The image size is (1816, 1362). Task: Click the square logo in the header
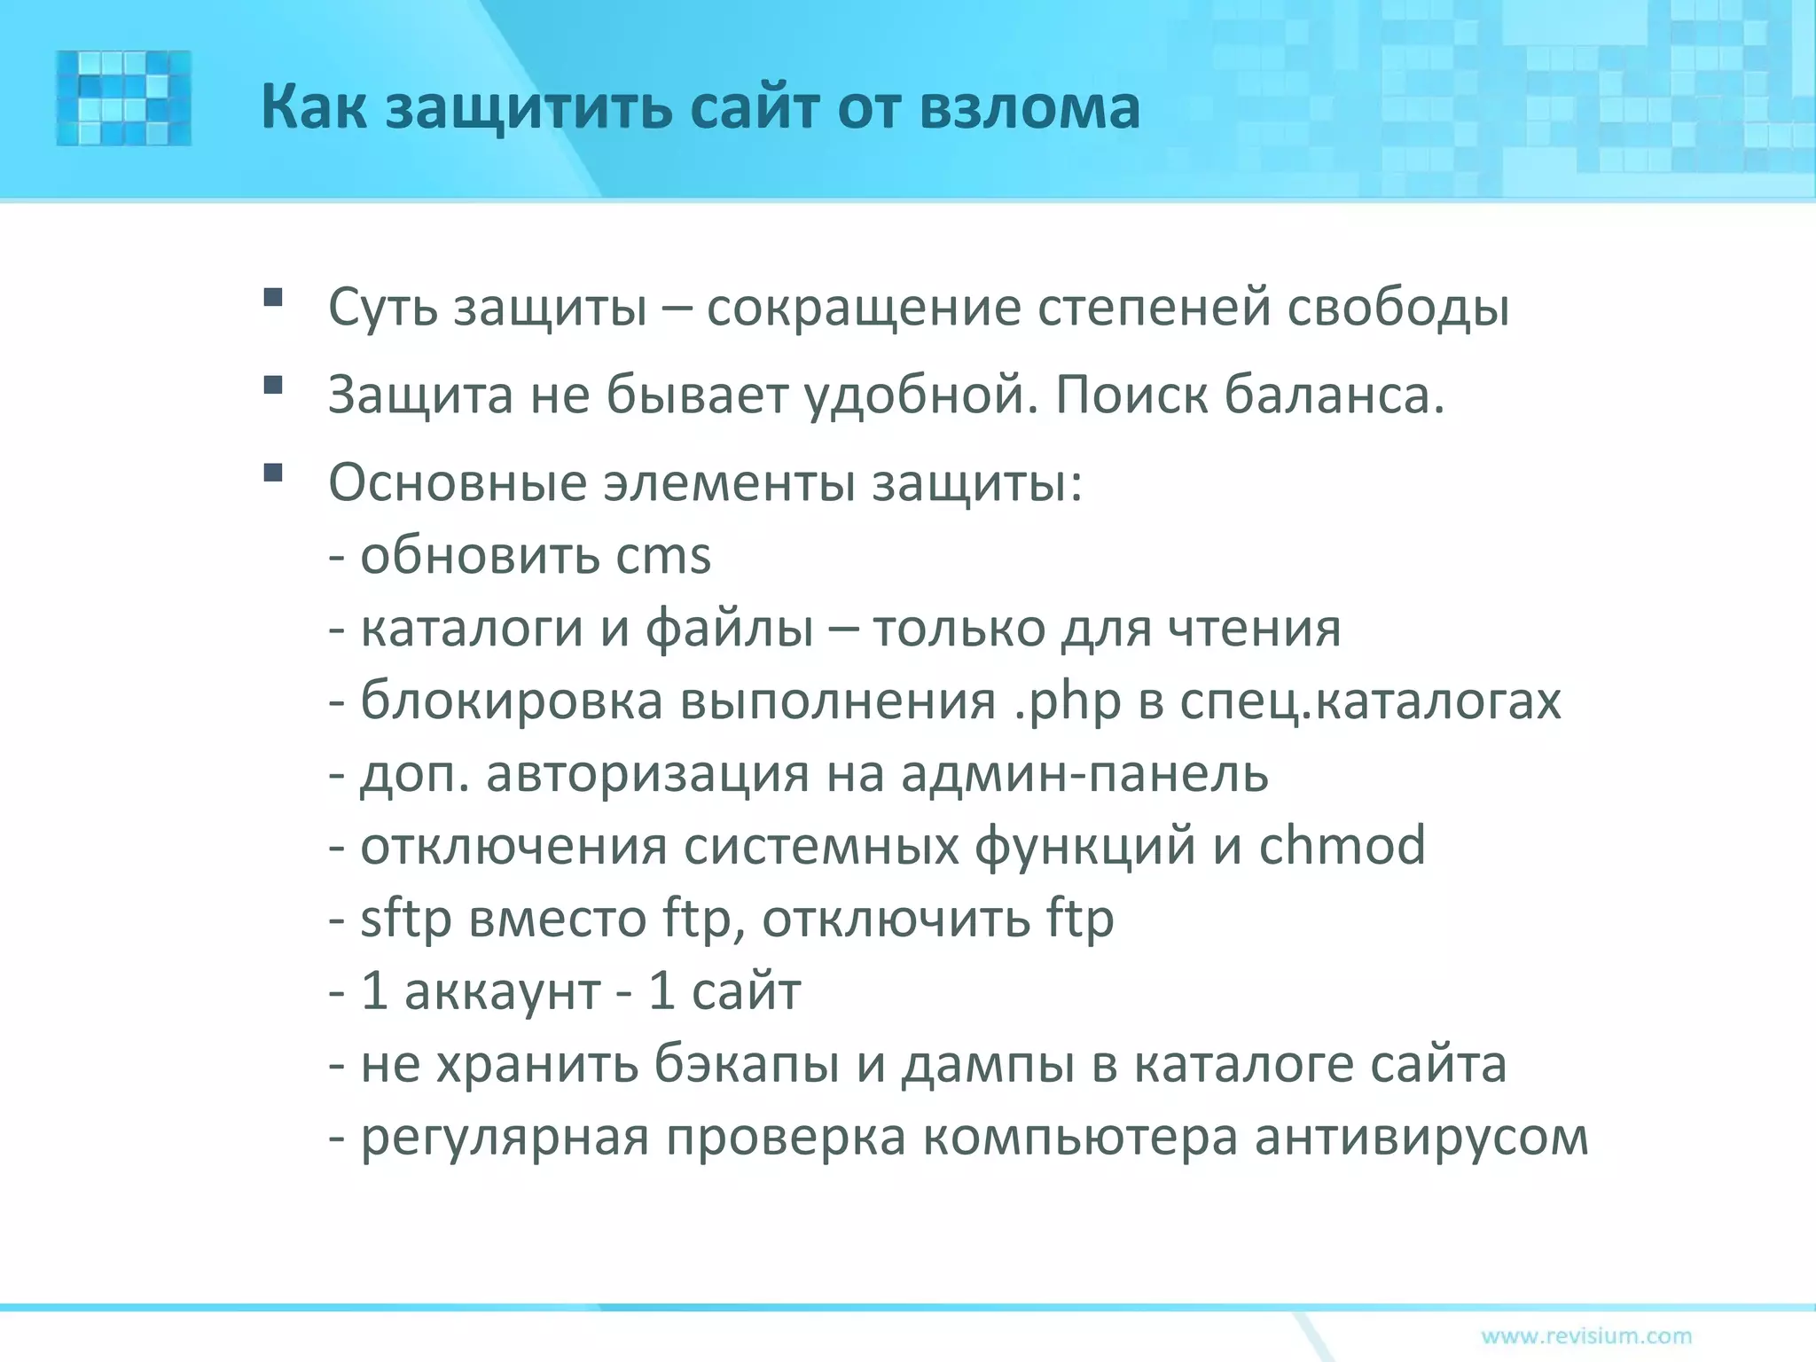click(123, 98)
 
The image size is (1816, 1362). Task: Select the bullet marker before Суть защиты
click(273, 297)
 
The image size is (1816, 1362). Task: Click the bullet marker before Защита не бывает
click(273, 385)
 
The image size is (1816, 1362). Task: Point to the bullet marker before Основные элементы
click(273, 473)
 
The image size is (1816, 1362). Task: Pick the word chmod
click(1342, 846)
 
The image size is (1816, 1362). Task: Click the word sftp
click(406, 919)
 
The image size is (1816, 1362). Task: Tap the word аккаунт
click(503, 991)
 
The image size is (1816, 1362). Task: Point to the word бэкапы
click(748, 1064)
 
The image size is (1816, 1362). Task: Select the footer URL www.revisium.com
click(1585, 1335)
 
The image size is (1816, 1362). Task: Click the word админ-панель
click(1084, 773)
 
